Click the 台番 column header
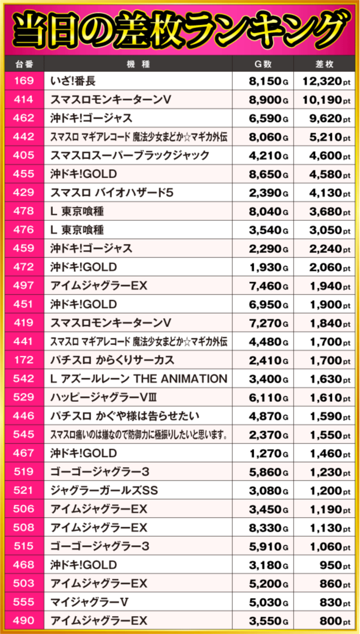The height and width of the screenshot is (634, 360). coord(23,64)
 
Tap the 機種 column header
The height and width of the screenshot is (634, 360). coord(138,64)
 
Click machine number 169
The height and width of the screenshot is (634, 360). coord(23,81)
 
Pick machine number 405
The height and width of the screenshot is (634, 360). coord(23,156)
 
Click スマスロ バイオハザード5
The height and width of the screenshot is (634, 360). coord(112,193)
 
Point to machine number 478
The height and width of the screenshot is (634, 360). coord(23,211)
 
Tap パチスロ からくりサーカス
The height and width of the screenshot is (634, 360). coord(112,360)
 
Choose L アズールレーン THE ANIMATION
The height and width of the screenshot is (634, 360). coord(138,378)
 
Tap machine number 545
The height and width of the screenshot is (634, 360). coord(23,434)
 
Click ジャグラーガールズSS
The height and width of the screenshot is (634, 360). coord(104,490)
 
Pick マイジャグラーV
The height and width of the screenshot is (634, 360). coord(90,602)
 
